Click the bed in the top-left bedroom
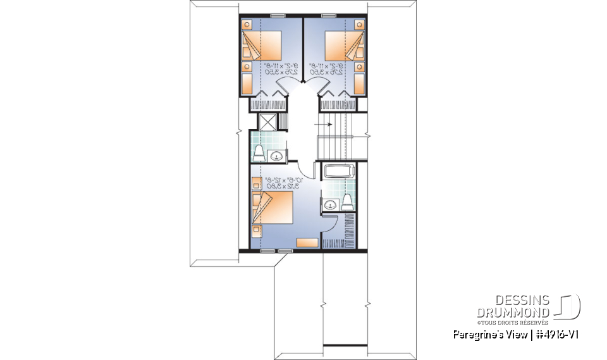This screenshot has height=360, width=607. [x=262, y=47]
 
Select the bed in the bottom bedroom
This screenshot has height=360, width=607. [x=273, y=209]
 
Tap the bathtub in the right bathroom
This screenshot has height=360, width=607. [x=340, y=171]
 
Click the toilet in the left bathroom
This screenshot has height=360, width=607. [x=259, y=152]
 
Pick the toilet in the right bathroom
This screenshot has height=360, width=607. [x=346, y=201]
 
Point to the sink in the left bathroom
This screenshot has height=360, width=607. [x=276, y=156]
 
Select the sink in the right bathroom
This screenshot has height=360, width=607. [x=330, y=204]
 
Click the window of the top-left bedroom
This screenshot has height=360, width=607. [x=276, y=15]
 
